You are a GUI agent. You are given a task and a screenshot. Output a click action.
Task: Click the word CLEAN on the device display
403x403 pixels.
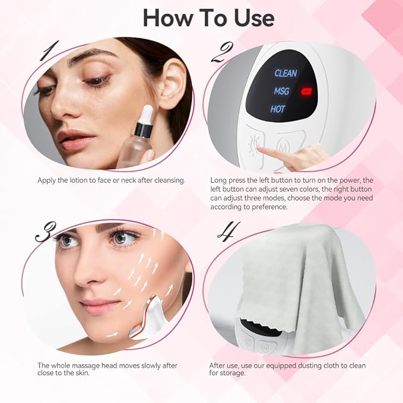[285, 73]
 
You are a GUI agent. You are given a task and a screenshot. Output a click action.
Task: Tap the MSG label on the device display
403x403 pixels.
[281, 91]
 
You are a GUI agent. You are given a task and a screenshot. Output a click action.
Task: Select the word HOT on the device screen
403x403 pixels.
[278, 109]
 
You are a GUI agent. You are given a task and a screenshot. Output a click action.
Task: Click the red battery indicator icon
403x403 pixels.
[307, 91]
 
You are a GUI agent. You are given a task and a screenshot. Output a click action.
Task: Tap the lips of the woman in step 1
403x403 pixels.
[76, 141]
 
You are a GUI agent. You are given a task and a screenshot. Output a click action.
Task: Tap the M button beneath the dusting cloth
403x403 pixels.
[265, 348]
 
